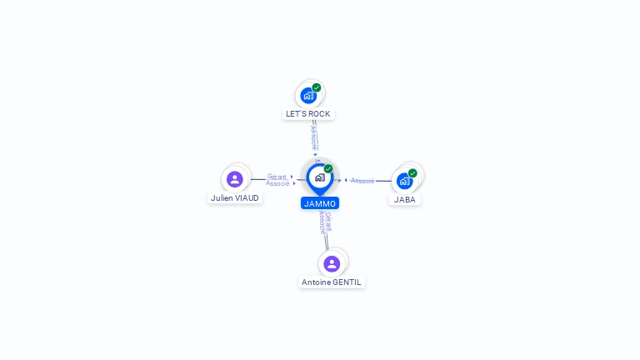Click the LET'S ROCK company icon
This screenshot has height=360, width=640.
click(x=308, y=96)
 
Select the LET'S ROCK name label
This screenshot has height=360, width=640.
click(x=308, y=113)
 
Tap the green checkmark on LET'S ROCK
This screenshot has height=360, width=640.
click(x=317, y=87)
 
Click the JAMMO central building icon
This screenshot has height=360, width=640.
click(x=319, y=177)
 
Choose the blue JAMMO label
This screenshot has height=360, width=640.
click(x=320, y=203)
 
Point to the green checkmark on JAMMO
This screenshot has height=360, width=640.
click(x=328, y=169)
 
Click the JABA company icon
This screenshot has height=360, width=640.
click(x=404, y=181)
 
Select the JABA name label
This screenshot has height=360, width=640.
click(x=405, y=199)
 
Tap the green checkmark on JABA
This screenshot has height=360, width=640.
click(x=412, y=173)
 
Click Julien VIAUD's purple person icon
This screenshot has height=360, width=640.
click(x=235, y=179)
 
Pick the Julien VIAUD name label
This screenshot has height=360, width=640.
click(x=235, y=198)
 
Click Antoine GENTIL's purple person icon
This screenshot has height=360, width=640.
click(x=332, y=263)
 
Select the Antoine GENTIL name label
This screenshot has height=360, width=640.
click(x=332, y=282)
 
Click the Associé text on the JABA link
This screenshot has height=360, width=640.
click(x=362, y=181)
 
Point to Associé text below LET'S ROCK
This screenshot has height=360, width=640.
click(x=313, y=138)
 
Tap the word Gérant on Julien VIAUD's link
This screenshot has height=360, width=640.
click(x=277, y=177)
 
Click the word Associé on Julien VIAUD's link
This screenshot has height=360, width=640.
click(x=277, y=183)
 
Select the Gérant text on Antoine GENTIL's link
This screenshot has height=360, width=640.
click(x=328, y=222)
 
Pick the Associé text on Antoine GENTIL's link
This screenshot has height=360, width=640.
click(x=322, y=222)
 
